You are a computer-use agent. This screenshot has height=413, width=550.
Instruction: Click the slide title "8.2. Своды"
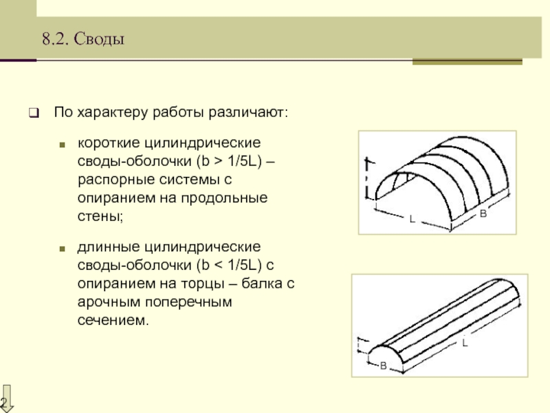coord(82,40)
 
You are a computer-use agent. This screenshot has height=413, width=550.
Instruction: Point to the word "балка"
coord(254,284)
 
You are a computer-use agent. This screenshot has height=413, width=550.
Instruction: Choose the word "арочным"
coord(109,301)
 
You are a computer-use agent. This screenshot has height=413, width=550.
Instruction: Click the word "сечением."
coord(113,319)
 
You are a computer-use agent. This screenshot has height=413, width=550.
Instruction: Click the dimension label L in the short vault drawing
coord(412,219)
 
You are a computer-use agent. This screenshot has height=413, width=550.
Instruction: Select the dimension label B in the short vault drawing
coord(483,215)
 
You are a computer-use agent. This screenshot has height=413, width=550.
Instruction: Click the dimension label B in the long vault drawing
coord(384,365)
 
